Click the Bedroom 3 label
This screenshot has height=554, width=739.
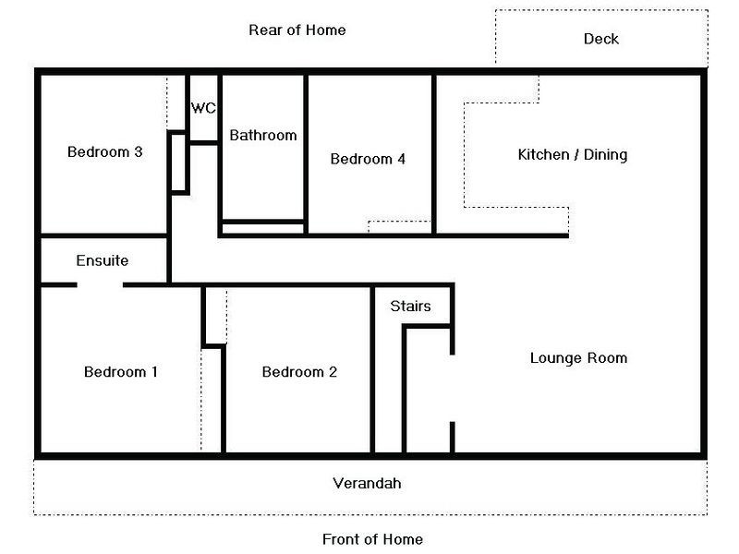tap(104, 152)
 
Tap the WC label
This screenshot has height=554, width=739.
tap(203, 108)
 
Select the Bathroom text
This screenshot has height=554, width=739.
tap(263, 136)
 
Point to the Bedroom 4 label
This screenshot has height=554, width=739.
tap(368, 159)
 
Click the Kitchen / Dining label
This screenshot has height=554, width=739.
tap(573, 155)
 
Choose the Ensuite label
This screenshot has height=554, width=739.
tap(103, 260)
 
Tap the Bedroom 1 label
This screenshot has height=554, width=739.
tap(121, 372)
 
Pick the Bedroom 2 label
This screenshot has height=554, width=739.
tap(299, 372)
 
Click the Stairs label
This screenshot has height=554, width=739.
tap(410, 307)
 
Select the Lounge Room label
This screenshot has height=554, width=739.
tap(579, 358)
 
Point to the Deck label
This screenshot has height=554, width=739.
tap(601, 39)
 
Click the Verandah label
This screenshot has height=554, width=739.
tap(367, 483)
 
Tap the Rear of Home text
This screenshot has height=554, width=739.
tap(297, 30)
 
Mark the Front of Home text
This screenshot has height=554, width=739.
tap(373, 539)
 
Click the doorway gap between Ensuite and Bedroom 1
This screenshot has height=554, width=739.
tap(100, 285)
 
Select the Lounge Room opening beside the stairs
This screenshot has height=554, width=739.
tap(453, 389)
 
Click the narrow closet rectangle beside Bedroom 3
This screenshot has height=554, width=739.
tap(178, 163)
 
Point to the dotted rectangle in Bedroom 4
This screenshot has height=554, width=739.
tap(400, 227)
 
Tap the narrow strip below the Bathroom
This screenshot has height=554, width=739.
tap(263, 229)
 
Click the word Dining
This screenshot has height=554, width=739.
tap(606, 155)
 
